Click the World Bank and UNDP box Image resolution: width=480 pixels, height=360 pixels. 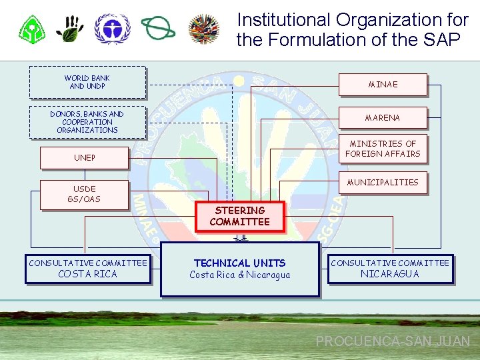tap(87, 82)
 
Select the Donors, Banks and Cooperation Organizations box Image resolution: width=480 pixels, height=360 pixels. tap(87, 122)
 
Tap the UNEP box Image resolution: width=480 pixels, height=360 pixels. tap(84, 158)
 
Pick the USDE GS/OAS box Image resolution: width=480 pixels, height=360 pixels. tap(84, 194)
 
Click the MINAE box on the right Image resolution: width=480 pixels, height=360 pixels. tap(383, 85)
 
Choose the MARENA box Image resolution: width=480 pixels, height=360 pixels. tap(383, 118)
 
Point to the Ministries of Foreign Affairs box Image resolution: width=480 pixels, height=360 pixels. tap(383, 149)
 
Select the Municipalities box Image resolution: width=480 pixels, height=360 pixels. tap(383, 182)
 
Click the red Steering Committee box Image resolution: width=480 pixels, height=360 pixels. tap(239, 216)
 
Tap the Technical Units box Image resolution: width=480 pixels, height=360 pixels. tap(239, 268)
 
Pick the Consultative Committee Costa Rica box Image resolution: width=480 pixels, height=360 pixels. tap(87, 268)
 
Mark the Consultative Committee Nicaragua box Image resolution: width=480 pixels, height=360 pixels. tap(390, 268)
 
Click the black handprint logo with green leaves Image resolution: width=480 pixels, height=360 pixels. tap(69, 28)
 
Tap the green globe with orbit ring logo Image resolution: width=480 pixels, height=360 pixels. tap(158, 28)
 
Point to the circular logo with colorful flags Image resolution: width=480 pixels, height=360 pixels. tap(204, 28)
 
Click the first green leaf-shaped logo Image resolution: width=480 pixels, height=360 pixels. tap(31, 28)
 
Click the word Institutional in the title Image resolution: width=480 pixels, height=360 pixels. tap(284, 20)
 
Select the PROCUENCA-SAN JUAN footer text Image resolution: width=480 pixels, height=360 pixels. tap(393, 341)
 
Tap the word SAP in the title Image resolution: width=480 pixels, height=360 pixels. tap(441, 40)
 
